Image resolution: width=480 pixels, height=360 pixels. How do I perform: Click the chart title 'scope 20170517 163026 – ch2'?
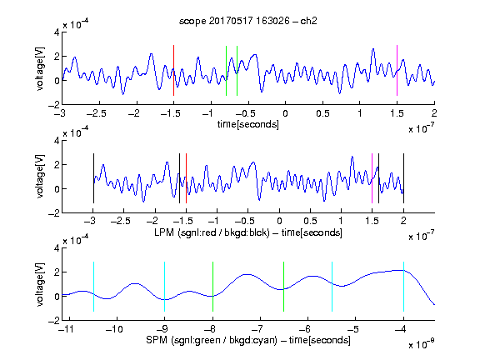(248, 21)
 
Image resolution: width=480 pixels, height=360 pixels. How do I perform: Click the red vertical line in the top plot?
(173, 70)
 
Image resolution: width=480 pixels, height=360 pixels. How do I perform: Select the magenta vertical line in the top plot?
(397, 70)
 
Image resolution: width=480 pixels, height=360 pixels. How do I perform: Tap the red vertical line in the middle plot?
(186, 178)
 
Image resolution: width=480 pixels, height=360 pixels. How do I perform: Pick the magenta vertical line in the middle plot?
(372, 178)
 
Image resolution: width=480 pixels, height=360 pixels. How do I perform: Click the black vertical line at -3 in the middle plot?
(93, 178)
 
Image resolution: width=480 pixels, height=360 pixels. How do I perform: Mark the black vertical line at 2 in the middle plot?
(403, 178)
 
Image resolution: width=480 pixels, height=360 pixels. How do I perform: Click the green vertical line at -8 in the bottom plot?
(212, 287)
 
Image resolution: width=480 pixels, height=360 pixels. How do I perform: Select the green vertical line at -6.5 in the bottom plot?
(284, 287)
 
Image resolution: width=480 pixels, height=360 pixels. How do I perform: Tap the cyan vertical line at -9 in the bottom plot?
(164, 287)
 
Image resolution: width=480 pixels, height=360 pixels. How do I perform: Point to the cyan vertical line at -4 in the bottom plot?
(403, 287)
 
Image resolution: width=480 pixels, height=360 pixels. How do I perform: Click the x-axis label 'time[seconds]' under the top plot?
(248, 124)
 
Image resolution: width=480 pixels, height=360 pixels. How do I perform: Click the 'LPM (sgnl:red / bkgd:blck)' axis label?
(212, 232)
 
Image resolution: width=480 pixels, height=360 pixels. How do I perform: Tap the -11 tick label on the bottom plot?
(67, 329)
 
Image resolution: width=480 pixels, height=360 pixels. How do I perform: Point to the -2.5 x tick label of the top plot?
(97, 113)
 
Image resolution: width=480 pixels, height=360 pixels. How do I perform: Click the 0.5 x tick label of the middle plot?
(310, 220)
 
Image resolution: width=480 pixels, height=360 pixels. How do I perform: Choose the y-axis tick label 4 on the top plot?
(57, 32)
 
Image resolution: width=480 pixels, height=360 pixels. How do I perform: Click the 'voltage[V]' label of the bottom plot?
(40, 284)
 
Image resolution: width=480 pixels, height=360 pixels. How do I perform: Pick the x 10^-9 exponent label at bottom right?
(421, 344)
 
